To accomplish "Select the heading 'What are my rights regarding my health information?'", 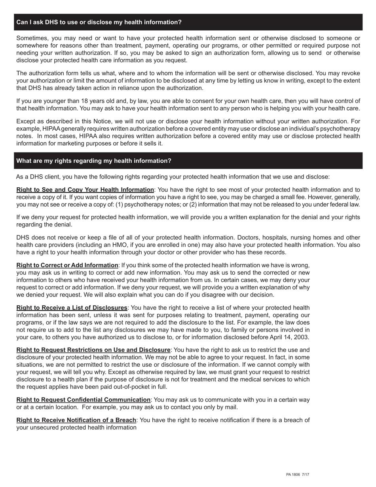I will pos(94,161).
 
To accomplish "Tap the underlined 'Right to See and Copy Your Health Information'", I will pos(85,190).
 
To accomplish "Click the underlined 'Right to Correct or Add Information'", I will pos(67,265).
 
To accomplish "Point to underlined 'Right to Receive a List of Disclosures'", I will pos(72,308).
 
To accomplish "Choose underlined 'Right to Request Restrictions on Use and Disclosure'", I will pos(93,350).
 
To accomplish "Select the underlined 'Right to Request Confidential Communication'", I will pos(83,400).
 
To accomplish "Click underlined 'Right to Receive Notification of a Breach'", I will pos(76,420).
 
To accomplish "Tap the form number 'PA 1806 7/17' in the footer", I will pos(298,474).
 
